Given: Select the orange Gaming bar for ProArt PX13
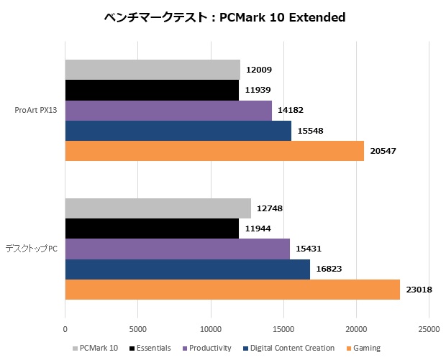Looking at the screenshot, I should [214, 151].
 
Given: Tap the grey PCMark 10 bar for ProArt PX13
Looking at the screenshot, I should [153, 70].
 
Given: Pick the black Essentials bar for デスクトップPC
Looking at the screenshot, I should [152, 229].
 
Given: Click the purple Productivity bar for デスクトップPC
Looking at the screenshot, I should [178, 249].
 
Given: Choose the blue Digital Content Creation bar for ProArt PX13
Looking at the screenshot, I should [178, 131].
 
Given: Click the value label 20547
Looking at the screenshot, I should [385, 151].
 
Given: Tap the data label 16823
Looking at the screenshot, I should [331, 269].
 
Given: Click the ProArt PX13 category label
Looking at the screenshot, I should [36, 110].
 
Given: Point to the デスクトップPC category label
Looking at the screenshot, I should [32, 249].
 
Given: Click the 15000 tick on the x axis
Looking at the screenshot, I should [283, 329].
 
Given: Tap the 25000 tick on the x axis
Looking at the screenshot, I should [429, 329].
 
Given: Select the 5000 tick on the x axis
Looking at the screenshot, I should [138, 329].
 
